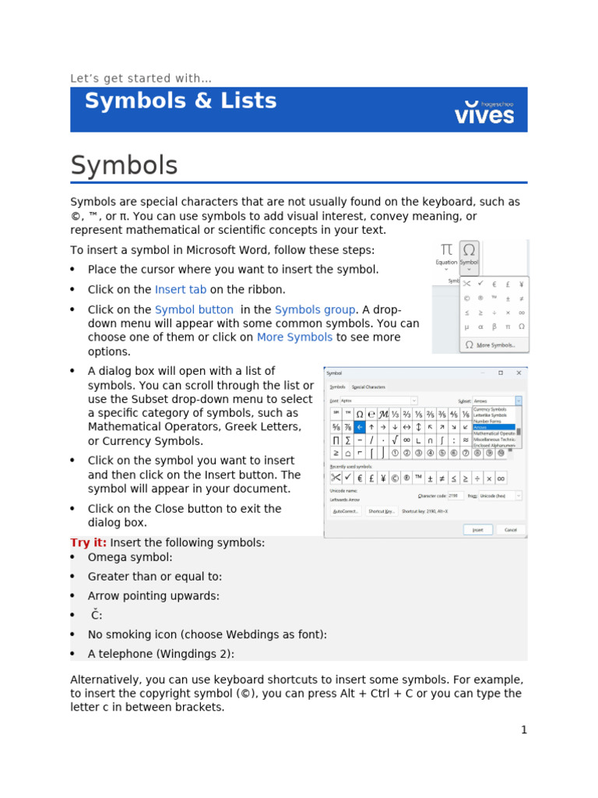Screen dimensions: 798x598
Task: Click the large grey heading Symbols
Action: (x=124, y=165)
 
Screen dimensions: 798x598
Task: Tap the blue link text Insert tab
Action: (x=181, y=290)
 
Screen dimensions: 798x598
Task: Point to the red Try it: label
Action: (x=89, y=542)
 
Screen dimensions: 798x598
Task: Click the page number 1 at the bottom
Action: (x=524, y=729)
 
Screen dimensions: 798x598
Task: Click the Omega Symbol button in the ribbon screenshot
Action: (x=469, y=254)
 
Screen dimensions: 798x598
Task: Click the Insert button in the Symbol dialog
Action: (x=477, y=529)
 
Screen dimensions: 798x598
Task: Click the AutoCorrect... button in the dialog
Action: (x=346, y=511)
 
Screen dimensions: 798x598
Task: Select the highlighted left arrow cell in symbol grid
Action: (x=360, y=427)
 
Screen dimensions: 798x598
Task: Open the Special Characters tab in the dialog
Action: (x=368, y=387)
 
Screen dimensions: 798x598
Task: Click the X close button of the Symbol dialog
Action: (x=519, y=373)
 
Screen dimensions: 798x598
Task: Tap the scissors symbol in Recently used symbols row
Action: (x=336, y=477)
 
